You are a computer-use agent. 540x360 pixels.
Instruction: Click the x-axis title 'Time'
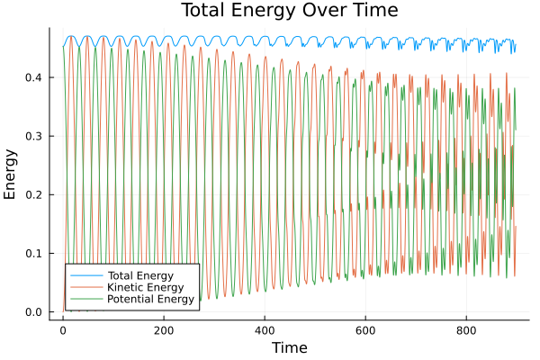coord(290,348)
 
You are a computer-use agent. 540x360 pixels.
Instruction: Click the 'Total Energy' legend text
coord(139,274)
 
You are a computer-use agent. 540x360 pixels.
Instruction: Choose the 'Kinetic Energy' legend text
coord(142,286)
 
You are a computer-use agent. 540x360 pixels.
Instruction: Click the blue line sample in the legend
coord(86,274)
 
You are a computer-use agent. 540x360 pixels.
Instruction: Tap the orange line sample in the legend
coord(86,286)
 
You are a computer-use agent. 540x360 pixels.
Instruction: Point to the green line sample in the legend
coord(86,298)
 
